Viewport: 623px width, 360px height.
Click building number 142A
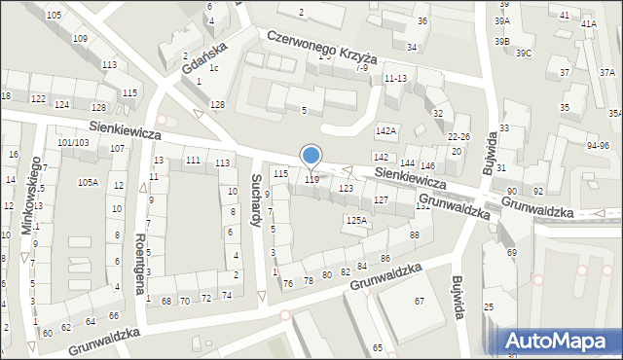point(386,130)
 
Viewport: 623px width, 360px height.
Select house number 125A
point(357,221)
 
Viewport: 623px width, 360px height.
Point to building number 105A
point(88,182)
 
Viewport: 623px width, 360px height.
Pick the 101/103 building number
point(73,143)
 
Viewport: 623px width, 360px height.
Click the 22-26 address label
point(458,137)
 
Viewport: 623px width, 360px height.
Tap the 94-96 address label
point(598,145)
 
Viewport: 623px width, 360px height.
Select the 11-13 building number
point(395,78)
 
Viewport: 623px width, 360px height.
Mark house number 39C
point(524,53)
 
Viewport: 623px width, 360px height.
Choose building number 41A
point(588,23)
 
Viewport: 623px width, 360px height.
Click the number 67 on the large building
point(420,302)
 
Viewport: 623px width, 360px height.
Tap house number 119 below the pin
point(311,179)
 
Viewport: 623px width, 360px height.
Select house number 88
point(415,235)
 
